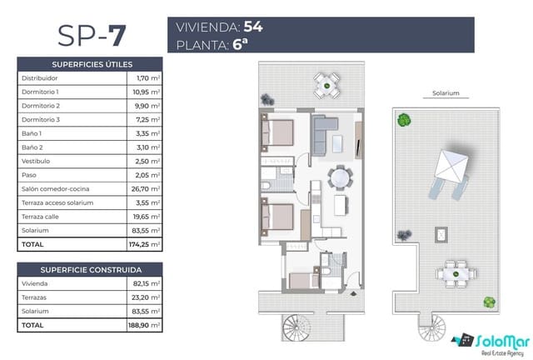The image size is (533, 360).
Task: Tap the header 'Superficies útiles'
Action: [x=92, y=63]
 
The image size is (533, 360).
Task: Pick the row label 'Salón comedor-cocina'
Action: [x=55, y=189]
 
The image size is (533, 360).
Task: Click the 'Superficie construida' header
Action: [x=92, y=270]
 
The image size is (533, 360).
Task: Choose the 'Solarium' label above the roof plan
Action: [x=446, y=95]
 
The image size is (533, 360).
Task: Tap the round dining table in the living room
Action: [x=339, y=177]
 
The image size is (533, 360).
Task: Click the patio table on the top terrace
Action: [x=326, y=83]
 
